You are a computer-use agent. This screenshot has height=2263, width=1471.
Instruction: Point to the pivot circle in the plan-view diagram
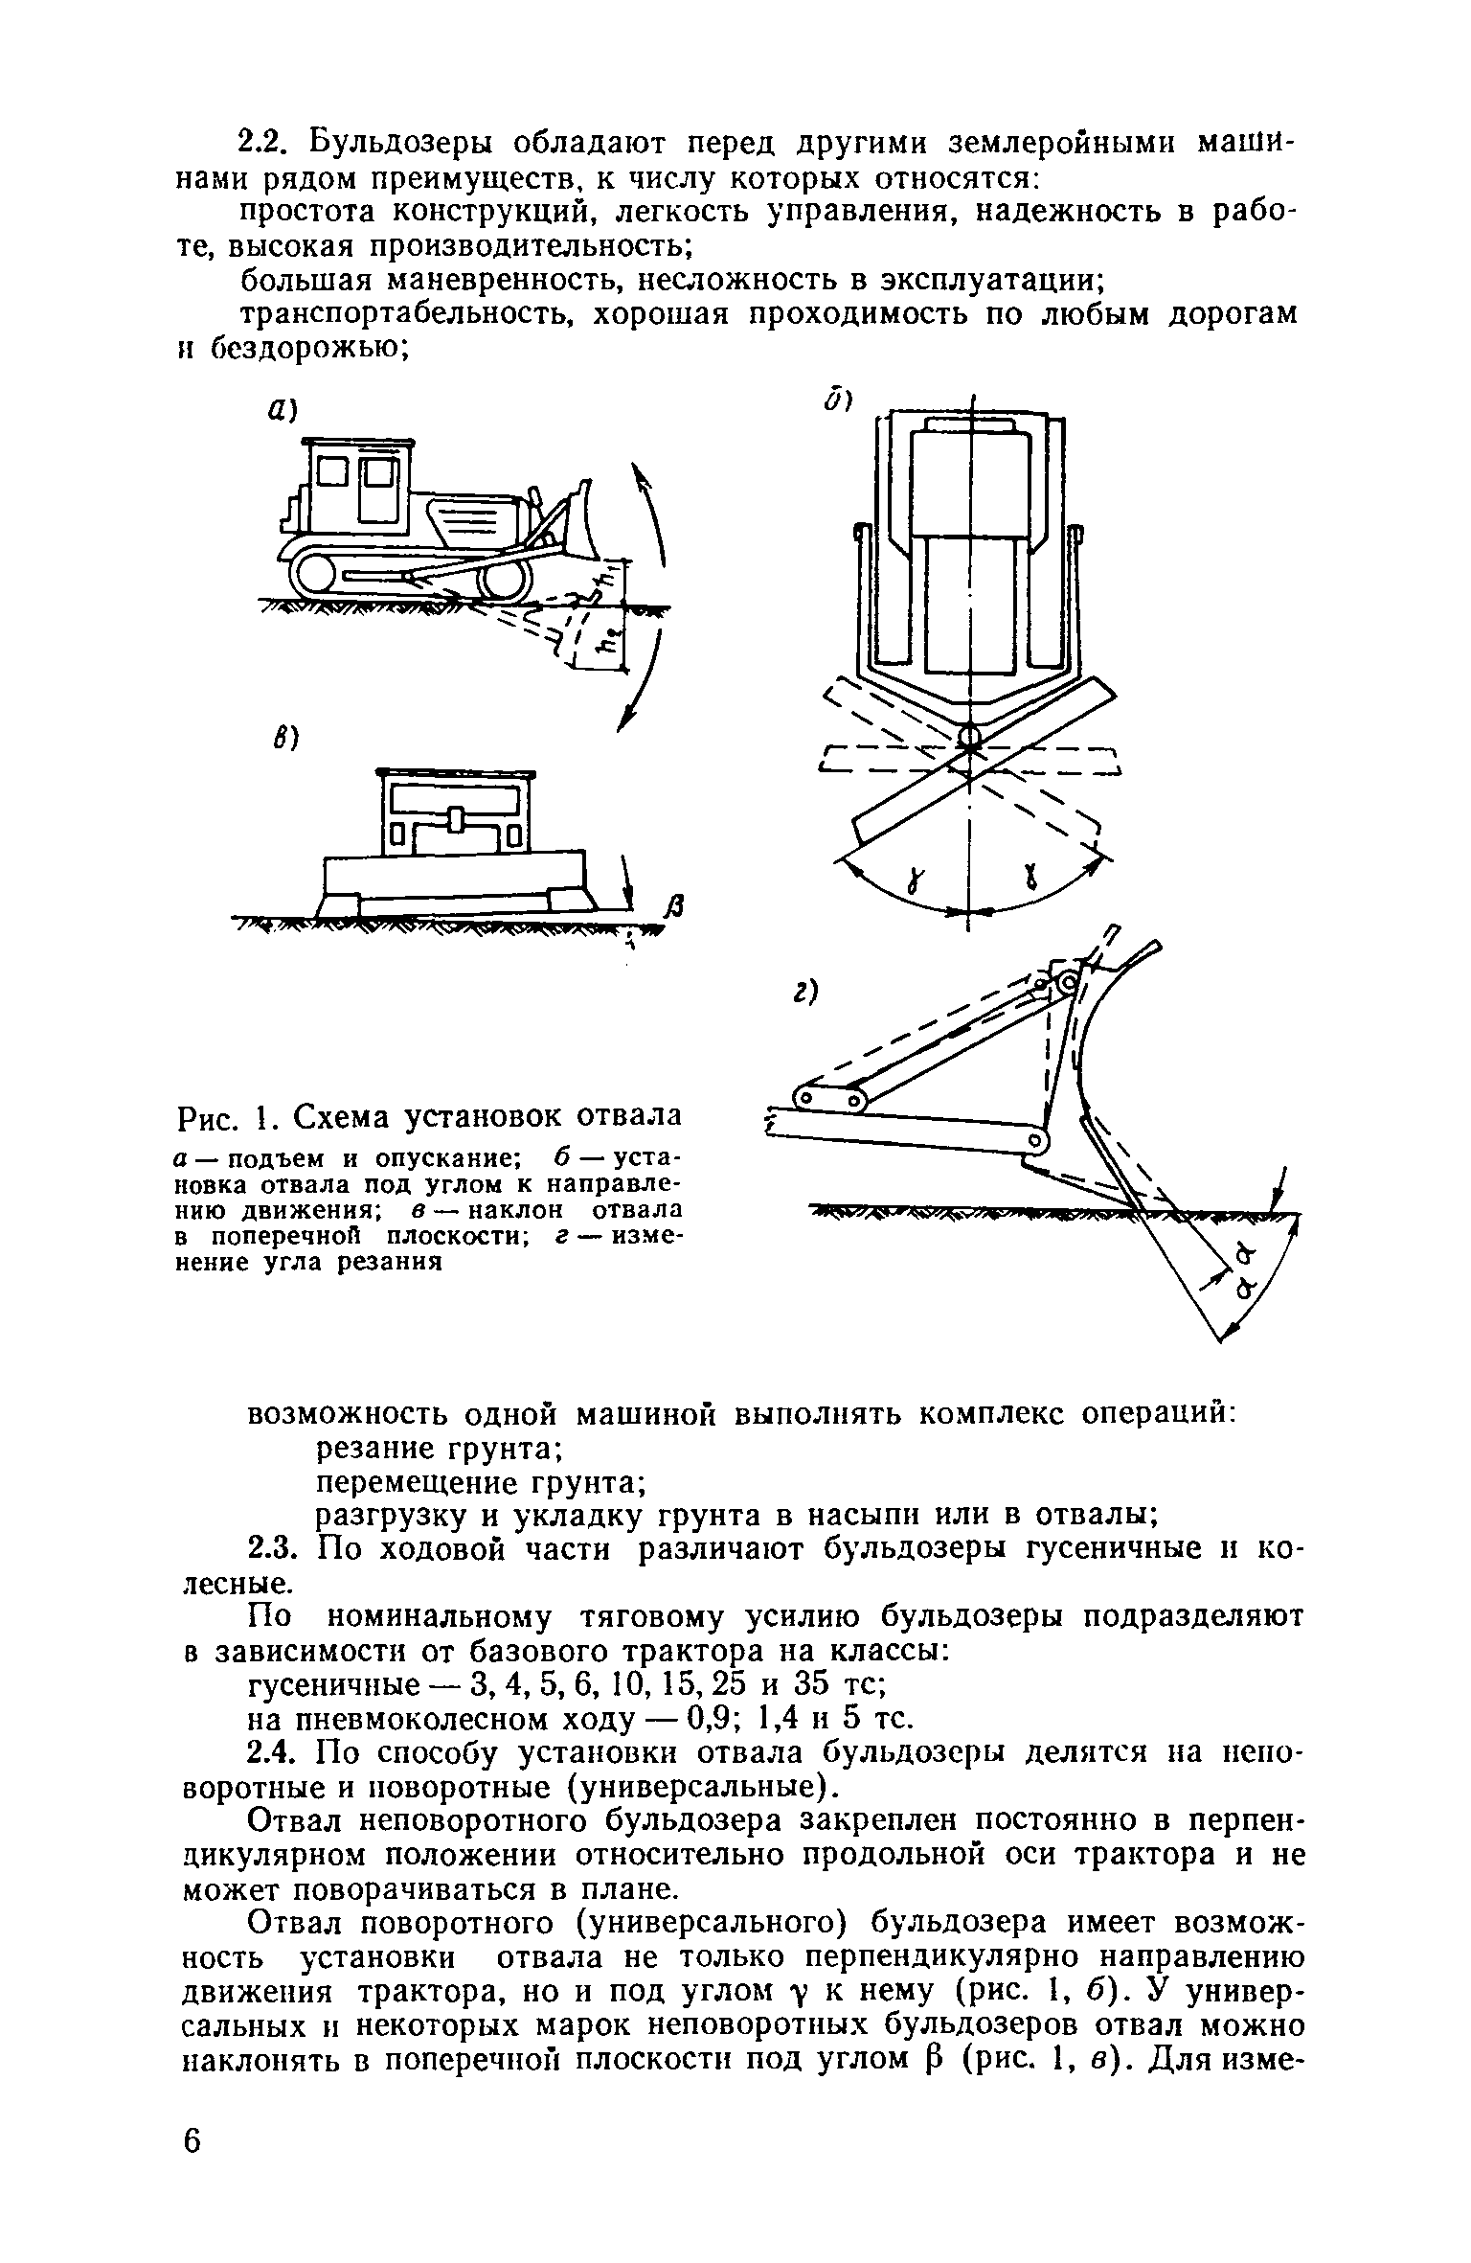coord(969,737)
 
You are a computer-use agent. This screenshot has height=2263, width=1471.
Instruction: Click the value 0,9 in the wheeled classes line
coord(690,1719)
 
